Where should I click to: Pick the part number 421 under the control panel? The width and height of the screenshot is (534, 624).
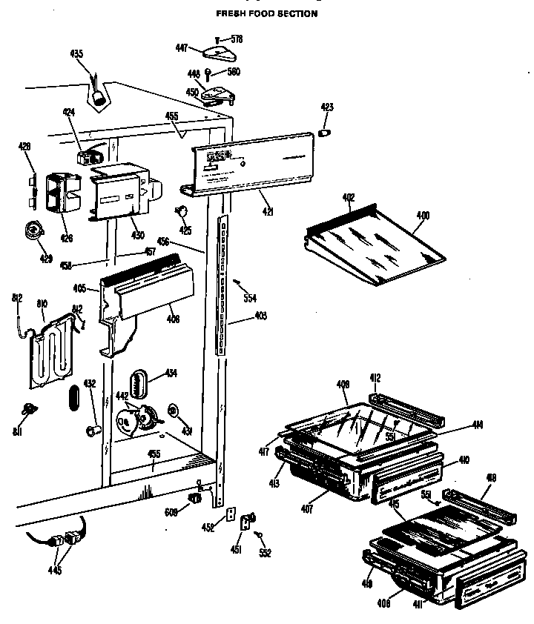tap(268, 211)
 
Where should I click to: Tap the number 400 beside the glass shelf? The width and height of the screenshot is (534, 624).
tap(423, 216)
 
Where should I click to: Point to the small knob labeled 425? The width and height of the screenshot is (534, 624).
tap(181, 213)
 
